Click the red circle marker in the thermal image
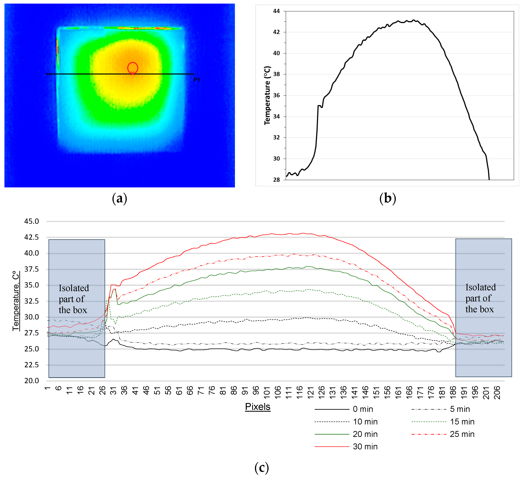click(x=133, y=68)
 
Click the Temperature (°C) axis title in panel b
click(x=267, y=95)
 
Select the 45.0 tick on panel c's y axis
click(x=32, y=221)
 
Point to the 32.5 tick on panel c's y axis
click(x=32, y=301)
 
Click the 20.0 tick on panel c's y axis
click(x=32, y=381)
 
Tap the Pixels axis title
click(x=258, y=407)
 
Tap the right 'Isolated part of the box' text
click(x=480, y=298)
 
